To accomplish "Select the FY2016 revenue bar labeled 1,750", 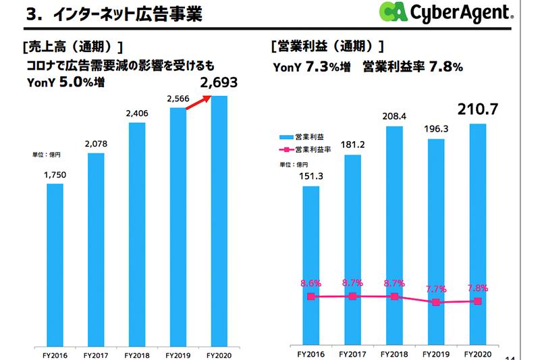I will (55, 270).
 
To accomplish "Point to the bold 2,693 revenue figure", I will (219, 84).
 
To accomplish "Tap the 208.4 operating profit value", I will (394, 116).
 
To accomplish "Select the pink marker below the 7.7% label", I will (436, 303).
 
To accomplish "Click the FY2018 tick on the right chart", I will (394, 353).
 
